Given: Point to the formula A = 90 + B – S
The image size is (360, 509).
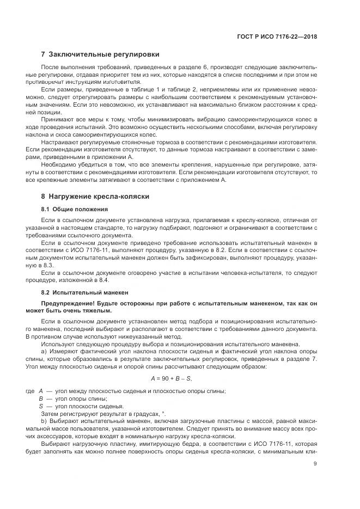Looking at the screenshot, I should coord(171,378).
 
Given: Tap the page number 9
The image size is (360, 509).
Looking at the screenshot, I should coord(315,464).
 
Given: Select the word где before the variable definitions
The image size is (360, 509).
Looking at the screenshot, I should coord(31,391).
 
